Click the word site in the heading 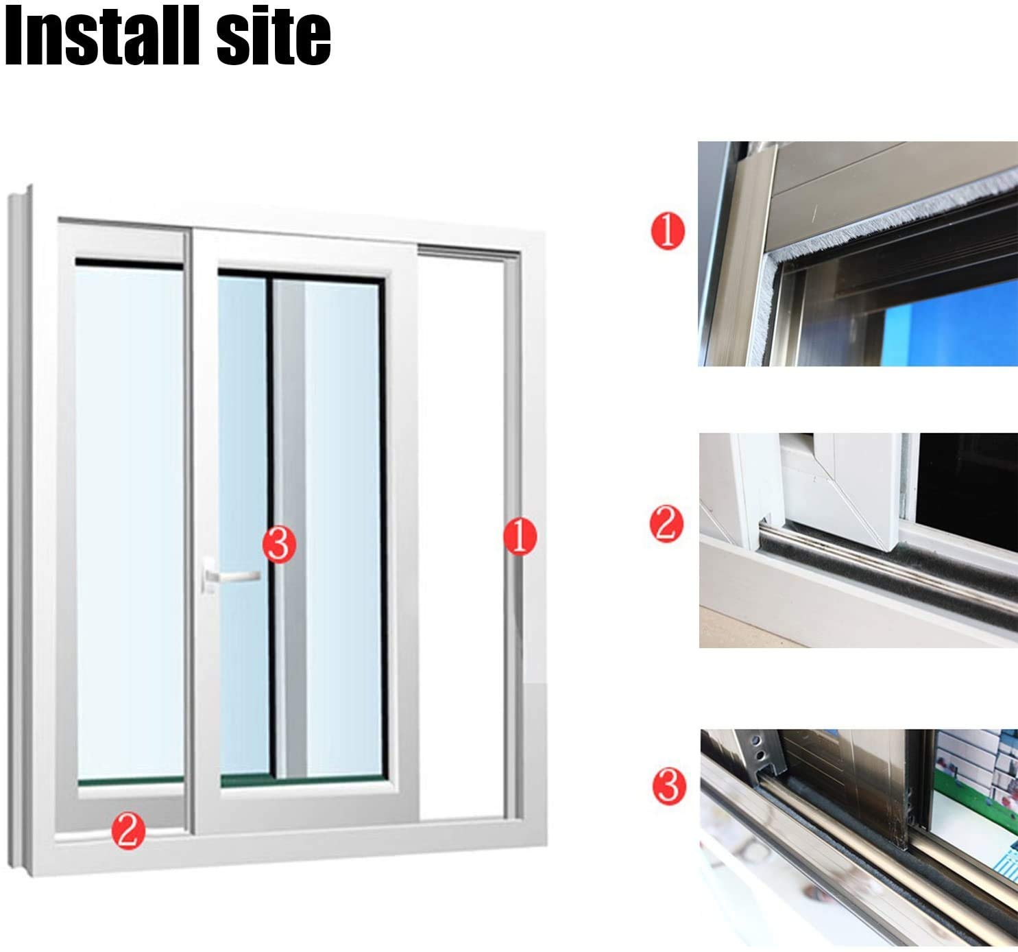[274, 36]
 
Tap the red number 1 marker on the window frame [520, 536]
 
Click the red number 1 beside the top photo [668, 231]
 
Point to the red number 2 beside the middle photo [666, 524]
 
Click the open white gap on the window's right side [461, 534]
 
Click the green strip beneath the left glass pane [130, 781]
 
